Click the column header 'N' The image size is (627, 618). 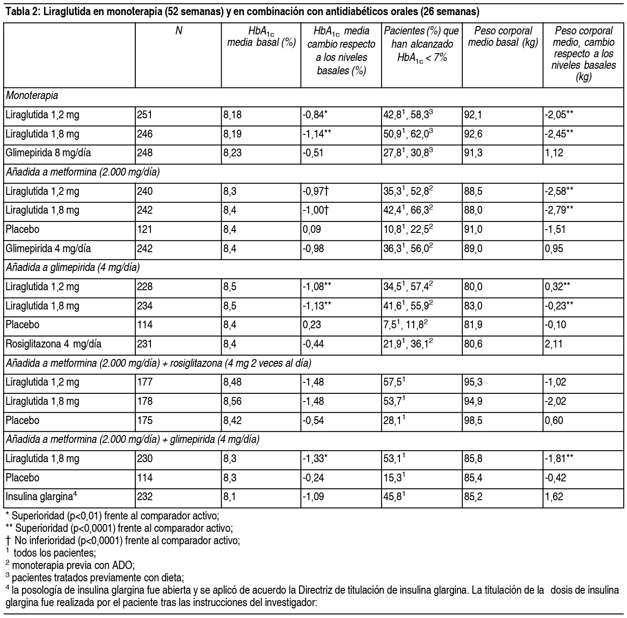pos(178,31)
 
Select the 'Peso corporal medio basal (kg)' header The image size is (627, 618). pos(503,37)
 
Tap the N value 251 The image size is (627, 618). pos(144,115)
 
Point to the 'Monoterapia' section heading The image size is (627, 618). pos(32,96)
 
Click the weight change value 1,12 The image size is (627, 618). pos(554,153)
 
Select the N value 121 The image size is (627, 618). pos(144,229)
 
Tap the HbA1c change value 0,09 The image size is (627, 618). pos(312,229)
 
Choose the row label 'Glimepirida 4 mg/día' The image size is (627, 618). pos(48,248)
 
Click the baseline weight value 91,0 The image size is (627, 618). pos(473,229)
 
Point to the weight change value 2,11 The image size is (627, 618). pos(554,344)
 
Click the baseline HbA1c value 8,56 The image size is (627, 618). pos(233,401)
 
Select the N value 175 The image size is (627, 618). pos(144,420)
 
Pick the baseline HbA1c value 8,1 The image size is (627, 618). pos(230,497)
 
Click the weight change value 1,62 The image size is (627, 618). pos(554,497)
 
